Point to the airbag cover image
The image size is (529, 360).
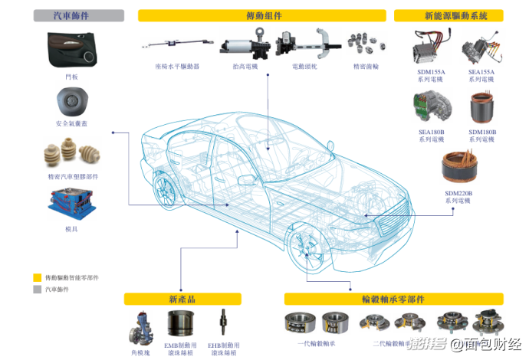pos(71,100)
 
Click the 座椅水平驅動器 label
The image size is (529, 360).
pos(176,67)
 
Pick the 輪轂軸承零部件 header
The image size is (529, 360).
pos(393,299)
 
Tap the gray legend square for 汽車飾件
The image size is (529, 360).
pos(37,290)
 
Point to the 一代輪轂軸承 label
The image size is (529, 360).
pos(317,344)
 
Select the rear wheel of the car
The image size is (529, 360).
pos(165,188)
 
